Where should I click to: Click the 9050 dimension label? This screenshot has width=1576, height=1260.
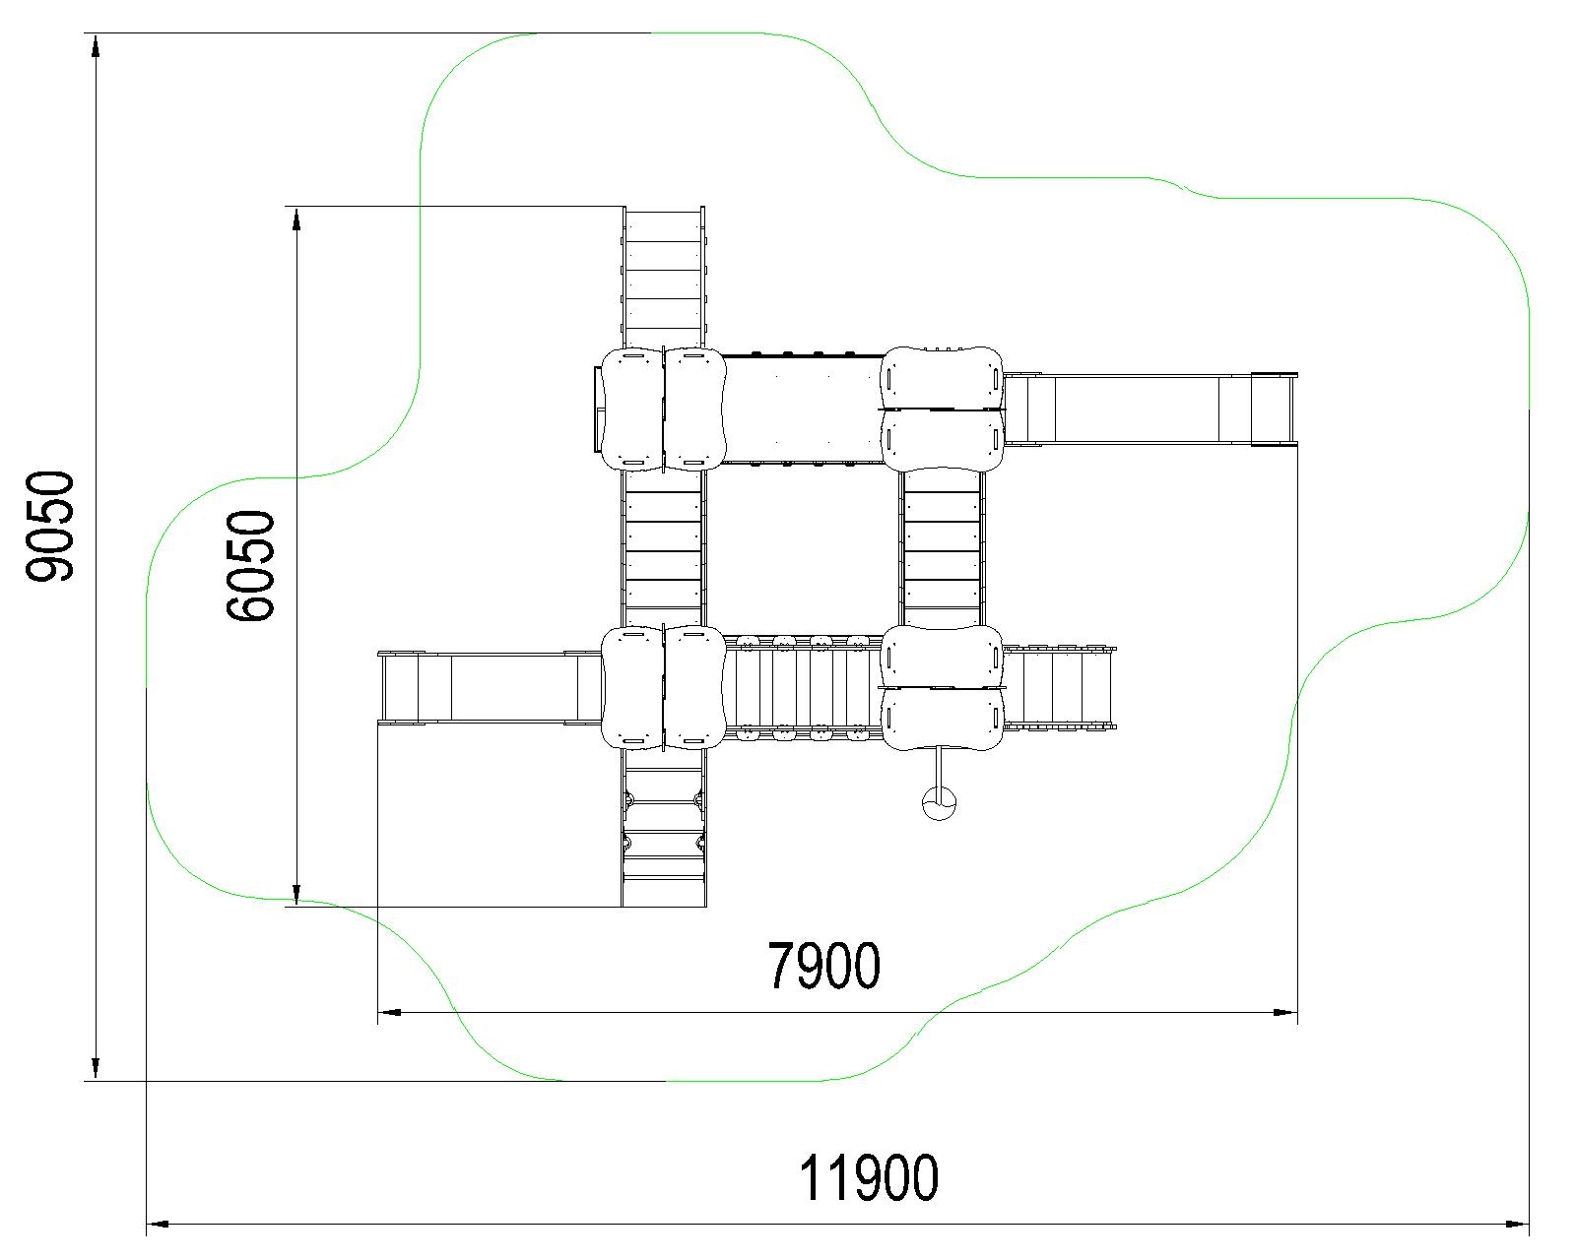tap(50, 527)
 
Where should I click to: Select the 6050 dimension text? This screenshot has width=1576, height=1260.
tap(250, 566)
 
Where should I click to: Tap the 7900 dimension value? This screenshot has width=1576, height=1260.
tap(823, 965)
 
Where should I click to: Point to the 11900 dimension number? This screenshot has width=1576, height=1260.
tap(868, 1177)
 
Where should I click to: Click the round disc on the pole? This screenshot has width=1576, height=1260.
tap(939, 803)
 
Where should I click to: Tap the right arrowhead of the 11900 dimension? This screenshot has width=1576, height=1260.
tap(1517, 1224)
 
